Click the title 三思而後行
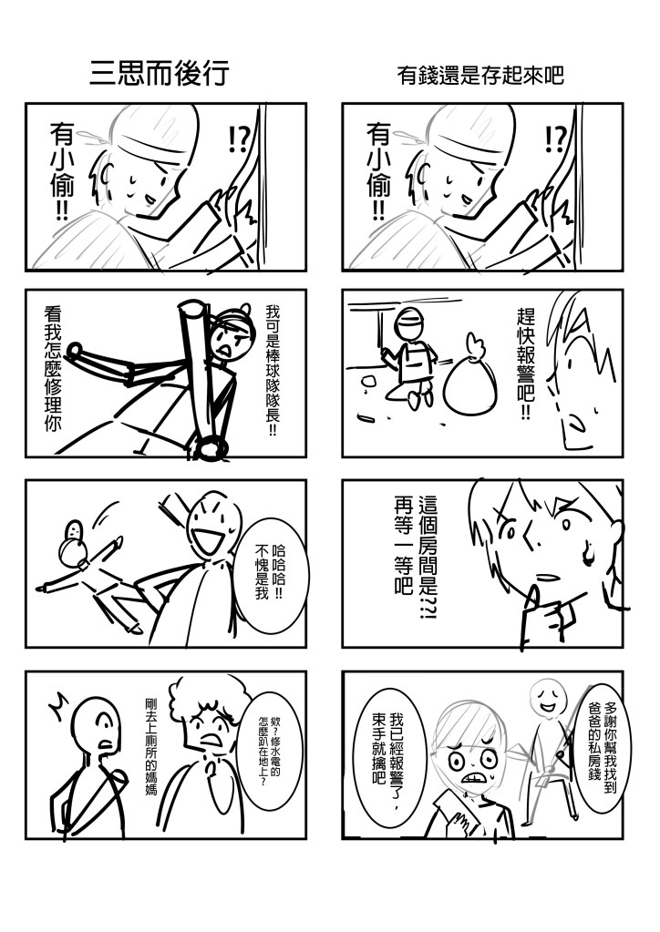(160, 74)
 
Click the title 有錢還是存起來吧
(480, 76)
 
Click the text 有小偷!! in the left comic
(62, 170)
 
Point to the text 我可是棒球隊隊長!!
(273, 370)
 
